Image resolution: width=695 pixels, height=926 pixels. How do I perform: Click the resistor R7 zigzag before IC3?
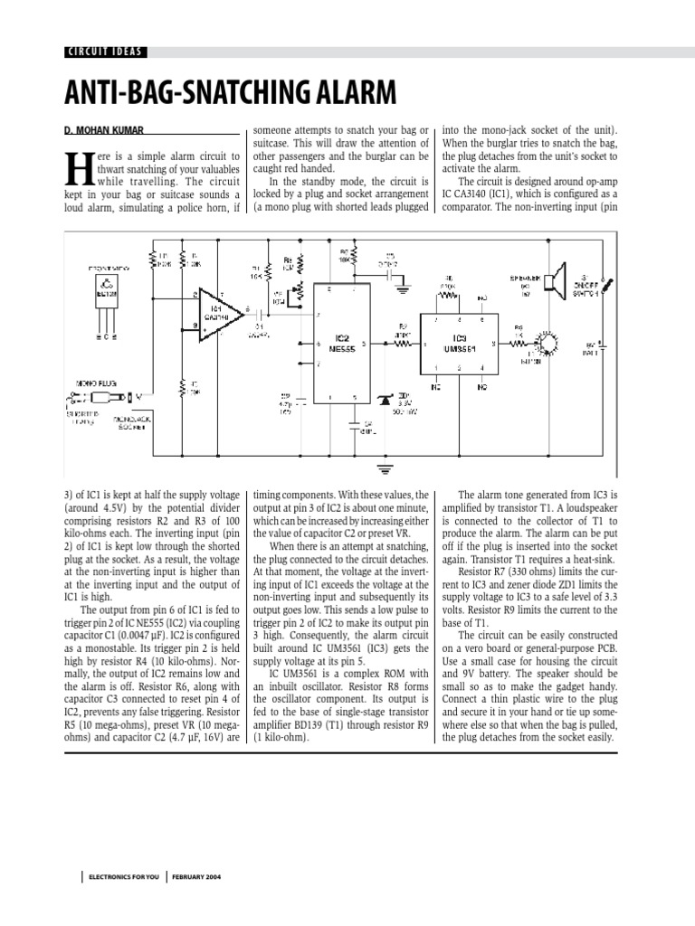(x=400, y=344)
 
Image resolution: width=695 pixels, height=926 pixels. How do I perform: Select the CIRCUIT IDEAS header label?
(x=105, y=52)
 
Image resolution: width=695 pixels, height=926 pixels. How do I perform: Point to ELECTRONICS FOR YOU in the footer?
(x=122, y=877)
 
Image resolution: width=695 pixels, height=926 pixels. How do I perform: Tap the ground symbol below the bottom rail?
(x=384, y=468)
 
